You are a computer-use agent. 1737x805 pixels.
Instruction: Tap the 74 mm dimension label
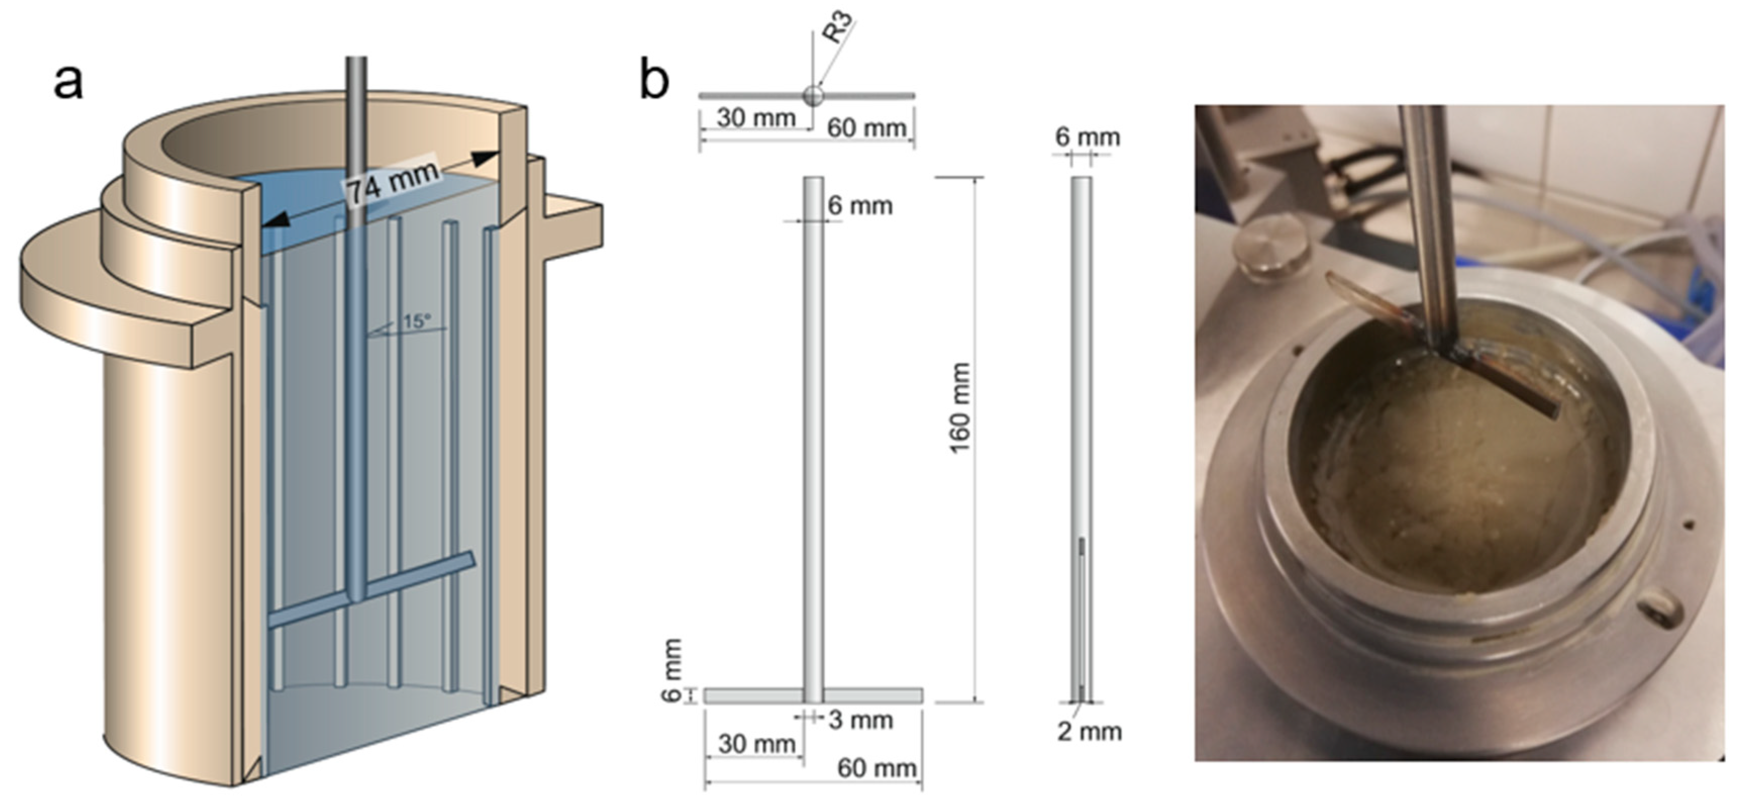point(393,182)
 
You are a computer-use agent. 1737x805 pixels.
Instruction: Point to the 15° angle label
point(416,321)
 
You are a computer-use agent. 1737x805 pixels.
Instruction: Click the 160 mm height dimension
point(959,408)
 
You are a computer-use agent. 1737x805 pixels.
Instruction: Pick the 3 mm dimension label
point(860,720)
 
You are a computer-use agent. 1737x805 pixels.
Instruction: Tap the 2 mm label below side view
point(1089,731)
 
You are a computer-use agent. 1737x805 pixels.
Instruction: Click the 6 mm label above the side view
point(1087,137)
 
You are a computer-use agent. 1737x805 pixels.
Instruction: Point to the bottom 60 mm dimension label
point(877,769)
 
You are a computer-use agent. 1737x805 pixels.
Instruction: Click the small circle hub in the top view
point(812,95)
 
